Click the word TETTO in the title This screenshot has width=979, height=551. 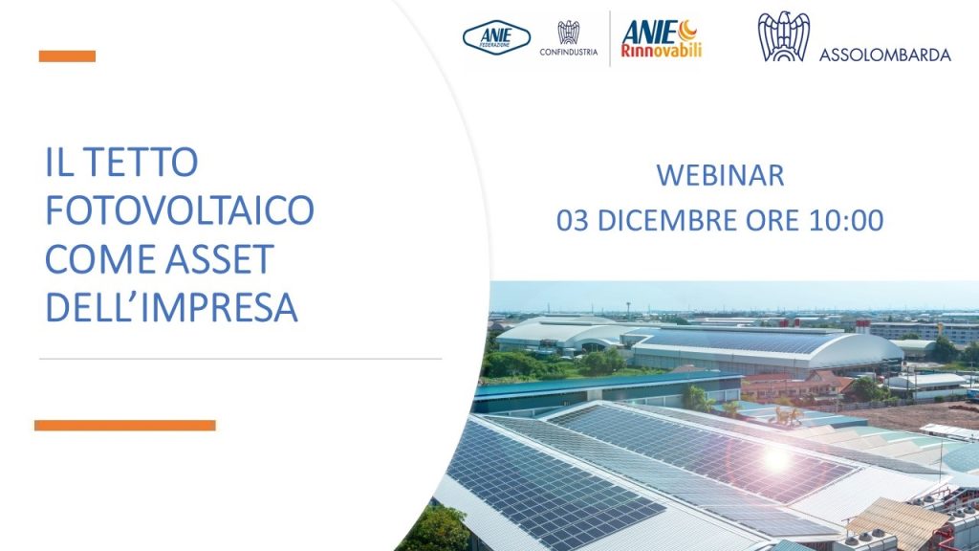[141, 162]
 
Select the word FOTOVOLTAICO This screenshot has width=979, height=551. [180, 209]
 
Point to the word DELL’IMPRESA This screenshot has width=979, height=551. [172, 307]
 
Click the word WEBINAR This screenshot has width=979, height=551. [720, 176]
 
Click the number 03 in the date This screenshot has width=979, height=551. [573, 221]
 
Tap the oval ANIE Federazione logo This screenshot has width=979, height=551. [496, 37]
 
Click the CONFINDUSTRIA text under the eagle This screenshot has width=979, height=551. [568, 53]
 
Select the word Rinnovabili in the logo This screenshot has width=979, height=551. [661, 51]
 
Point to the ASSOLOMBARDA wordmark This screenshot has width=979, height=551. [884, 55]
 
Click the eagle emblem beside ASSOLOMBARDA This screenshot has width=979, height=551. [784, 36]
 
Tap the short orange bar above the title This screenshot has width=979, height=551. [67, 56]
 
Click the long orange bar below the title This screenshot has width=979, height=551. [125, 426]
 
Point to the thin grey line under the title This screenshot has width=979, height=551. [240, 360]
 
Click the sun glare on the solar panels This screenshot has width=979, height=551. [776, 459]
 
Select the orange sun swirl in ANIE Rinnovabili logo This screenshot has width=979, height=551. [687, 30]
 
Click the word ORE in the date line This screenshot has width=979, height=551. [770, 221]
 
